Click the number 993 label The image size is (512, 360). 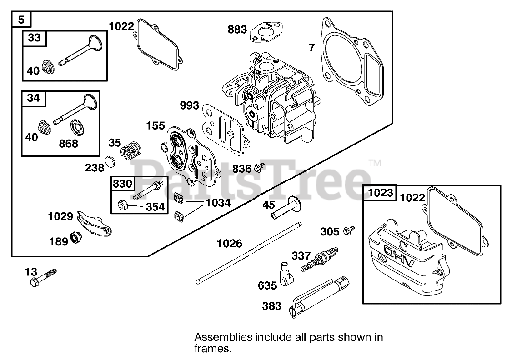point(189,106)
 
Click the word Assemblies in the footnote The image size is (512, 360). point(223,337)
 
